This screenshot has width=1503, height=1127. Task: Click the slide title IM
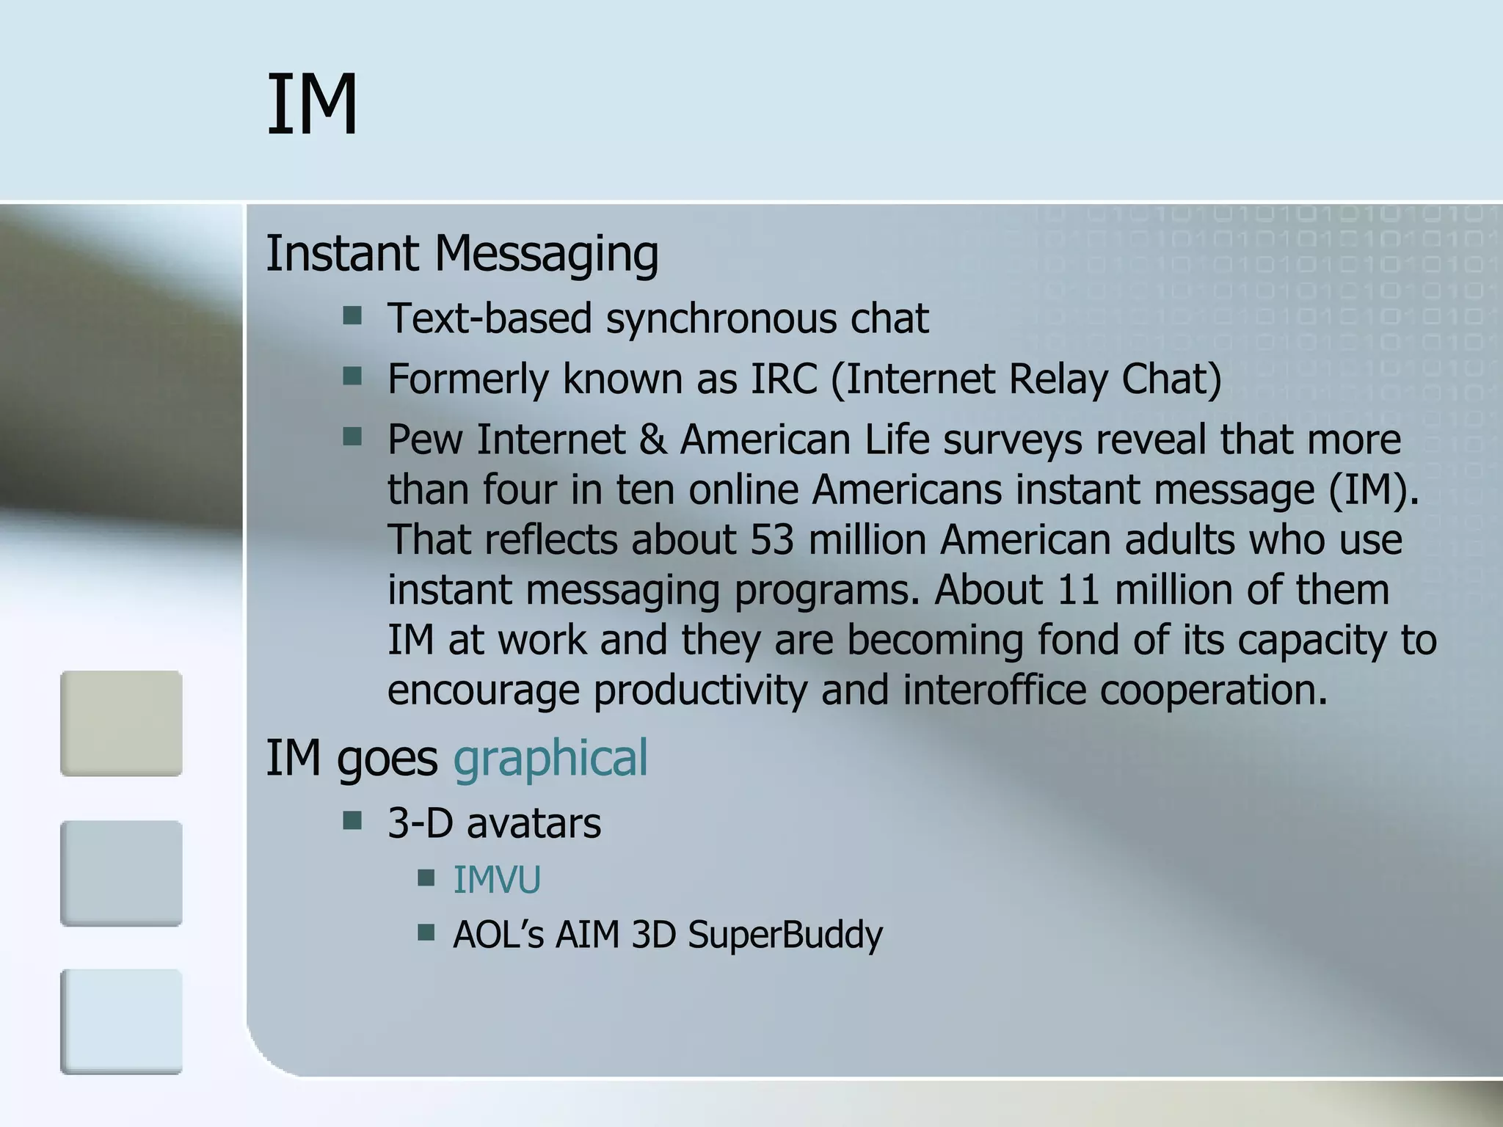coord(312,104)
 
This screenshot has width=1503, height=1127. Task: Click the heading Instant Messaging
coord(462,254)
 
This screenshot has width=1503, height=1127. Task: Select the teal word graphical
coord(550,758)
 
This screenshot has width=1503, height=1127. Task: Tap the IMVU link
coord(497,880)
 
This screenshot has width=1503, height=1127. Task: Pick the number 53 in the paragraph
coord(772,539)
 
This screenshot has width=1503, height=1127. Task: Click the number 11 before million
coord(1079,589)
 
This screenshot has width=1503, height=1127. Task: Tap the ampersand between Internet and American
coord(652,440)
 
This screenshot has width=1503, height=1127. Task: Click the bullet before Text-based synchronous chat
coord(352,316)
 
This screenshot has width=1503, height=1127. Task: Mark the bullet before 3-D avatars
coord(352,820)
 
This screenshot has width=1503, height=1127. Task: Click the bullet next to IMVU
coord(426,878)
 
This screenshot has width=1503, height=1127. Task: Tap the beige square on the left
coord(121,723)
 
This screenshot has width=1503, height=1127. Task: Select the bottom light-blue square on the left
coord(121,1021)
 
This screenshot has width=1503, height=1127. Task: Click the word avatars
coord(534,823)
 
